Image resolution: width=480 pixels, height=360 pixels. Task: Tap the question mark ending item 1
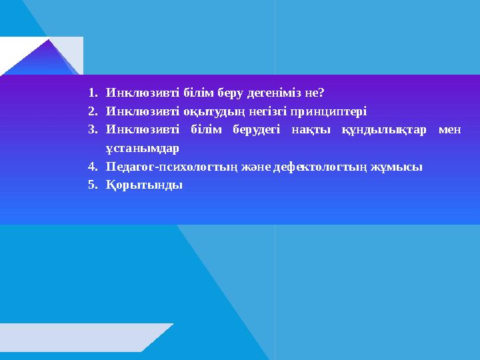(x=321, y=92)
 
